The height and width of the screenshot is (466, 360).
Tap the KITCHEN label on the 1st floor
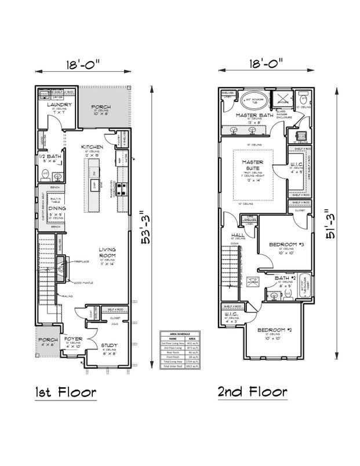point(92,147)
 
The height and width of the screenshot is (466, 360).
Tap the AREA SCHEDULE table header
point(180,335)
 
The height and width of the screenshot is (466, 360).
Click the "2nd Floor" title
point(252,392)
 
